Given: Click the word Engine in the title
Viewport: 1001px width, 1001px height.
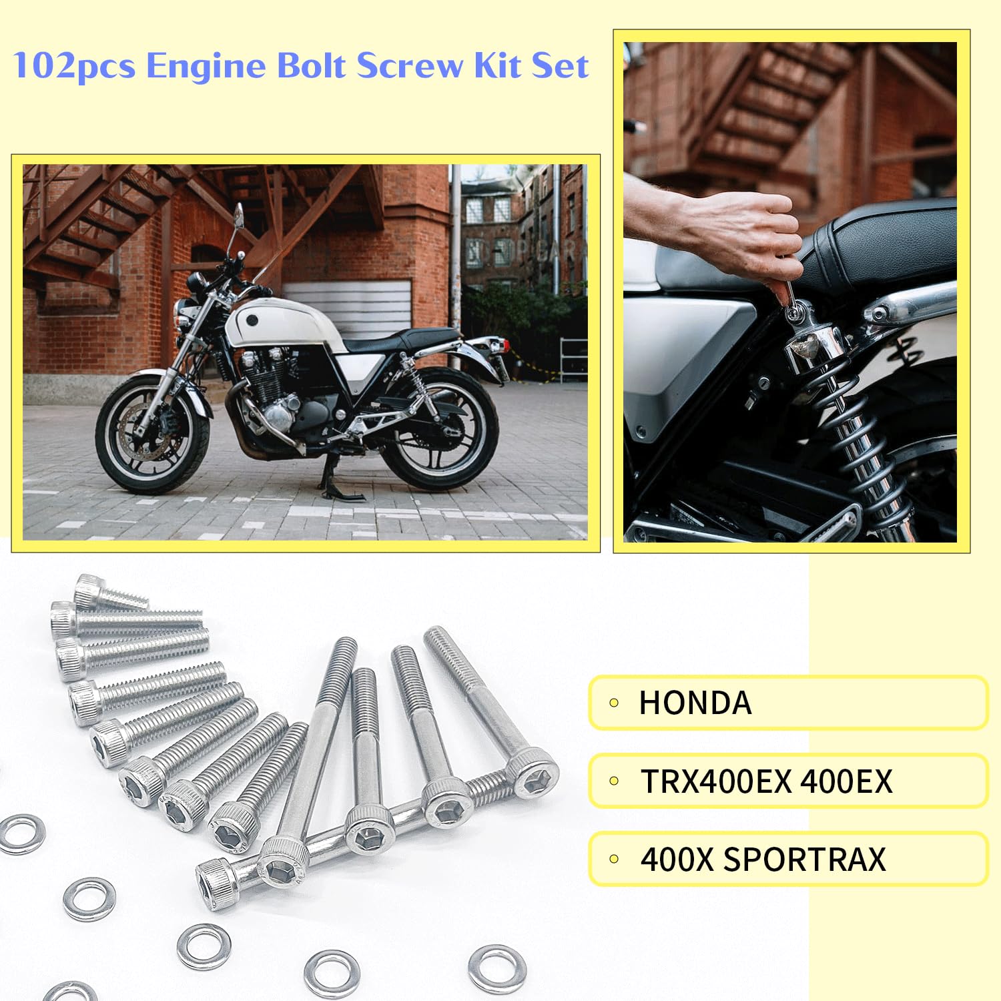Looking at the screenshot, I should coord(204,67).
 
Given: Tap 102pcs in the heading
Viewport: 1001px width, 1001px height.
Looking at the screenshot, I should coord(73,67).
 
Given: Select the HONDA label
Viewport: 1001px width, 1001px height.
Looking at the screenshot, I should coord(695,703).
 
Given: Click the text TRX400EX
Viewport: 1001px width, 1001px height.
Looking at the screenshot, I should coord(715,781).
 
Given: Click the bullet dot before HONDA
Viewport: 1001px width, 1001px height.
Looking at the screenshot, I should coord(614,703).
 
